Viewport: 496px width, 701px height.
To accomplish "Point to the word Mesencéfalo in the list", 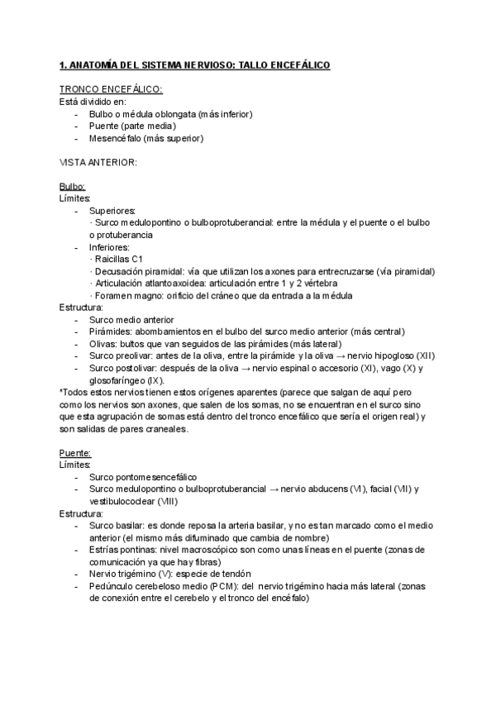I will coord(117,138).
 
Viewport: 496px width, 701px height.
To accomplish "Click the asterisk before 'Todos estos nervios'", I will coord(61,392).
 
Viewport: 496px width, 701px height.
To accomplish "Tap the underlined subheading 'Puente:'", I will coord(74,452).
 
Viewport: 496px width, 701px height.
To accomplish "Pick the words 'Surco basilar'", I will coord(117,525).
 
